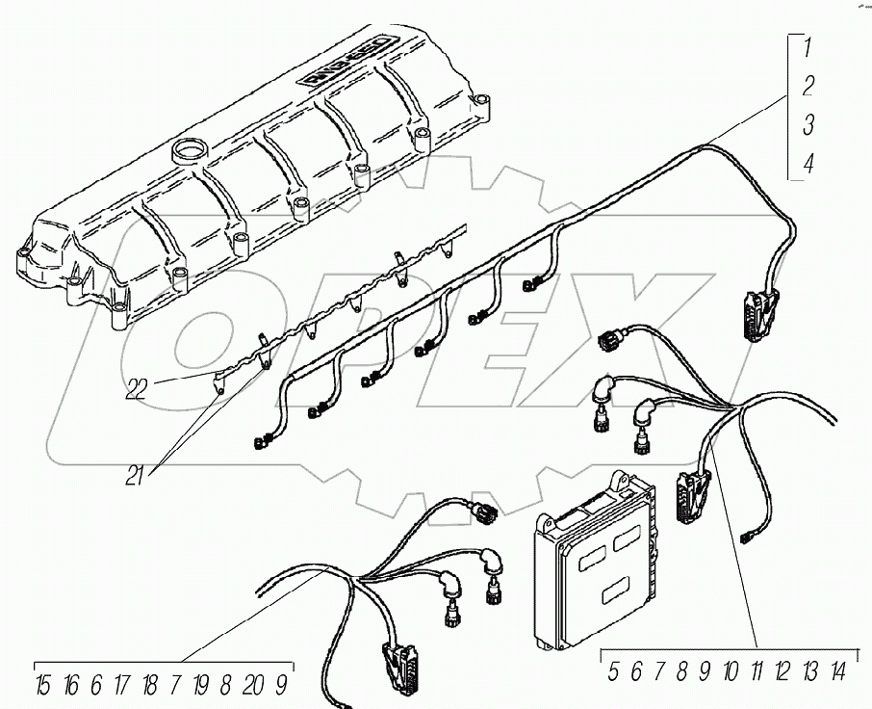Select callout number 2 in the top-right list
[808, 85]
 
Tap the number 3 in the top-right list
[808, 124]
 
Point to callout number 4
[808, 164]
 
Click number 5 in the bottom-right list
[613, 672]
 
